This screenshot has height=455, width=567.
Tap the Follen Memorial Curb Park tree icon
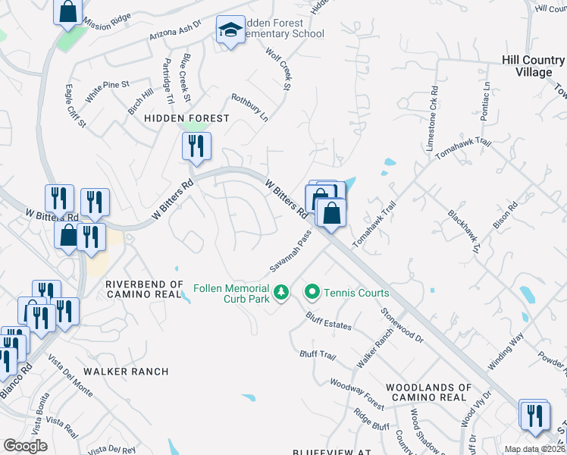[281, 292]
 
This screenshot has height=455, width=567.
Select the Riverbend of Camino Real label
[144, 289]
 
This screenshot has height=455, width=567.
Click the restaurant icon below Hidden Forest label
[196, 146]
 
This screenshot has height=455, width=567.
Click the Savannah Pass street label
[290, 255]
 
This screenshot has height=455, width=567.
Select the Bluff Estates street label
[328, 321]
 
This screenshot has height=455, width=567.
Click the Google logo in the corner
[25, 446]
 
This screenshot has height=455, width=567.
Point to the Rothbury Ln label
[249, 108]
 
